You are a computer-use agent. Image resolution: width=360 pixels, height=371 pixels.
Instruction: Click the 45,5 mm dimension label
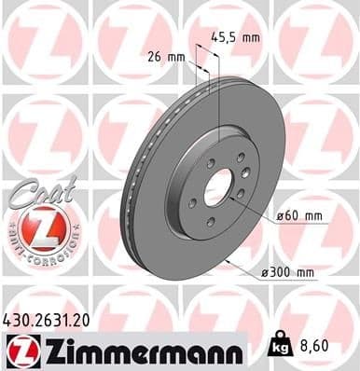click(x=240, y=39)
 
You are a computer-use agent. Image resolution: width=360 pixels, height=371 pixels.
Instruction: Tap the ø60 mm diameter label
click(x=299, y=216)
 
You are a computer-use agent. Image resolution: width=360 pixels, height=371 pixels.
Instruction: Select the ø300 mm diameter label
click(x=290, y=272)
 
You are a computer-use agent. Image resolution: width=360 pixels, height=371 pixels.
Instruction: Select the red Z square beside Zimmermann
click(x=21, y=350)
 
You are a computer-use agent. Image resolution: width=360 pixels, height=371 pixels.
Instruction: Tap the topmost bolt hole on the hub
click(x=241, y=158)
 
